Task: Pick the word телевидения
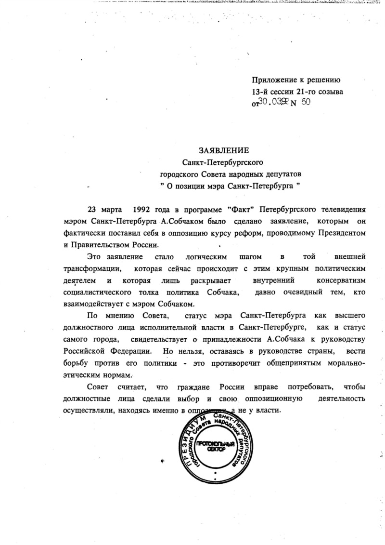point(342,210)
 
